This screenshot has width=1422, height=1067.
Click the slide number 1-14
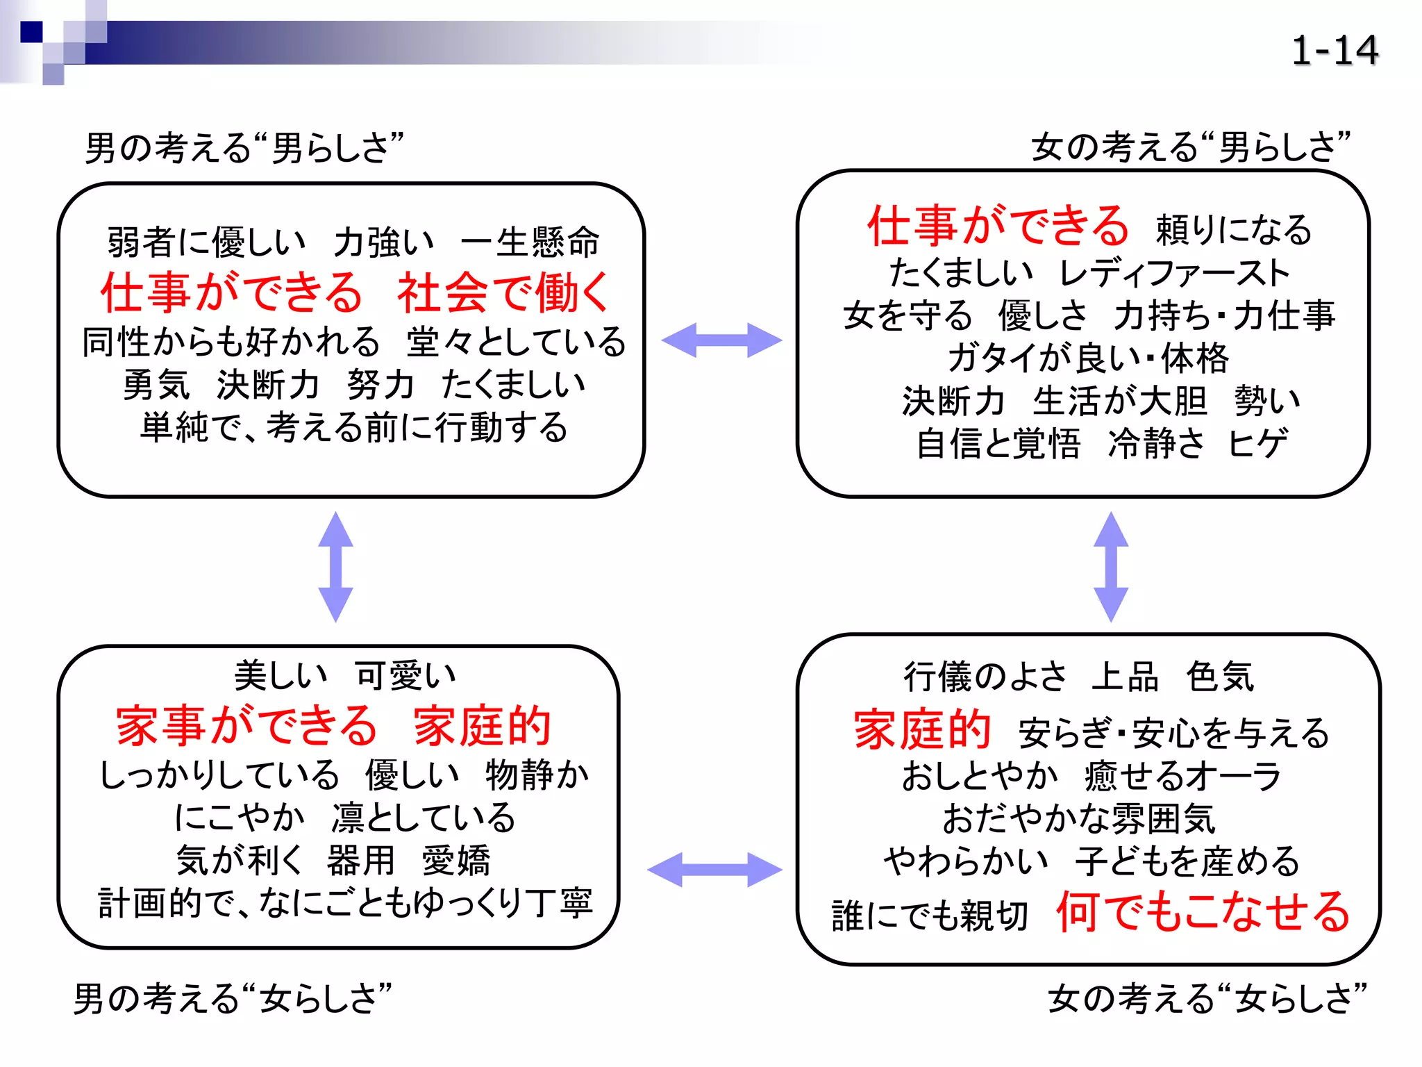pyautogui.click(x=1334, y=51)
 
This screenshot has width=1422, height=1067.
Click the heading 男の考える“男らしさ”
pyautogui.click(x=244, y=148)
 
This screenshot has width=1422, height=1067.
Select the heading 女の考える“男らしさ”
pyautogui.click(x=1190, y=147)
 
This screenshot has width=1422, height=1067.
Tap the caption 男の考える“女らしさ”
pyautogui.click(x=233, y=998)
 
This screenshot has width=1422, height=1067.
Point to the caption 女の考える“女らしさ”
pyautogui.click(x=1207, y=998)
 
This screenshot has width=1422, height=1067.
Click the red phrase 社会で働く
pyautogui.click(x=503, y=292)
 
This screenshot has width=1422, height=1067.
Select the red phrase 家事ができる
pyautogui.click(x=246, y=726)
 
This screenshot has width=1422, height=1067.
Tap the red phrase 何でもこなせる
pyautogui.click(x=1203, y=912)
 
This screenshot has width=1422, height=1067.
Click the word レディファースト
pyautogui.click(x=1174, y=272)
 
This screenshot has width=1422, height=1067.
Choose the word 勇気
pyautogui.click(x=156, y=384)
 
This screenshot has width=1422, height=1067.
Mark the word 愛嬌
pyautogui.click(x=456, y=861)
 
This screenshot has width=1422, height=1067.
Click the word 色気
pyautogui.click(x=1220, y=676)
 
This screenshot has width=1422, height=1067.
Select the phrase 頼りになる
pyautogui.click(x=1233, y=230)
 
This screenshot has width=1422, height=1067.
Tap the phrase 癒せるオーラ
pyautogui.click(x=1182, y=776)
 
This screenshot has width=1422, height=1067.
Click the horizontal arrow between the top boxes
pyautogui.click(x=721, y=340)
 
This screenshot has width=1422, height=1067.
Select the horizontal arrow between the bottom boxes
pyautogui.click(x=714, y=870)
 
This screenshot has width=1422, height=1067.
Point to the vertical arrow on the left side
pyautogui.click(x=335, y=567)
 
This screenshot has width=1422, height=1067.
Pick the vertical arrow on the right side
pyautogui.click(x=1110, y=567)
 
